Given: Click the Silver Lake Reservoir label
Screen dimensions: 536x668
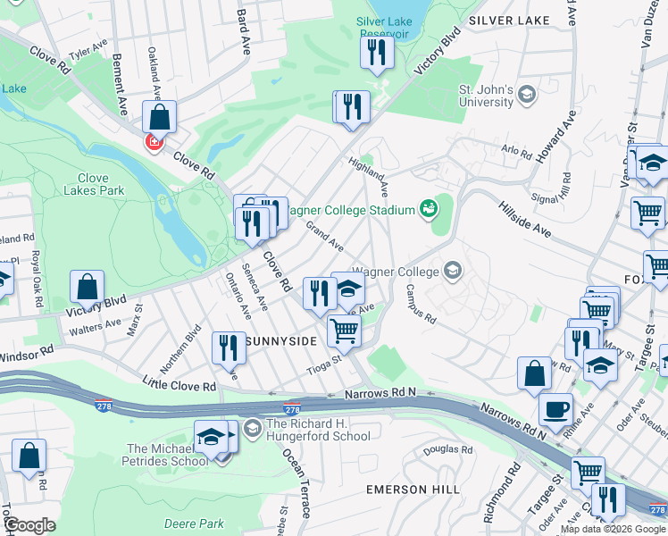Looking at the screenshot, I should (394, 26).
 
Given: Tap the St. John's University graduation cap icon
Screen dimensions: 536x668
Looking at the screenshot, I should (527, 94).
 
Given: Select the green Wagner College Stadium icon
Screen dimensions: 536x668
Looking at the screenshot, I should (429, 209).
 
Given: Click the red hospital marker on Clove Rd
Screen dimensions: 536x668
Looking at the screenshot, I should (154, 143).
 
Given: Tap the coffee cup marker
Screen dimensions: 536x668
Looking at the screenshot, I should (557, 408).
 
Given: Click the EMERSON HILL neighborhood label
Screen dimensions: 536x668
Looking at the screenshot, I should (413, 490).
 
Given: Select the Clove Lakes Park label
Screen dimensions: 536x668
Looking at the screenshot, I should (93, 184).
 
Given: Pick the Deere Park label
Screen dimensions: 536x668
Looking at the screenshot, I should (194, 523).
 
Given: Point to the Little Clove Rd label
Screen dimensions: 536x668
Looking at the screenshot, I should (180, 385).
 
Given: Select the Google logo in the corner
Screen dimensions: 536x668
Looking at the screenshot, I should (29, 525).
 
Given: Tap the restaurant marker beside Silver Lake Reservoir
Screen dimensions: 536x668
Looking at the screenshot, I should (377, 52).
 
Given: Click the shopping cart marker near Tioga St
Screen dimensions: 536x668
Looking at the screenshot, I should (344, 331).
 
